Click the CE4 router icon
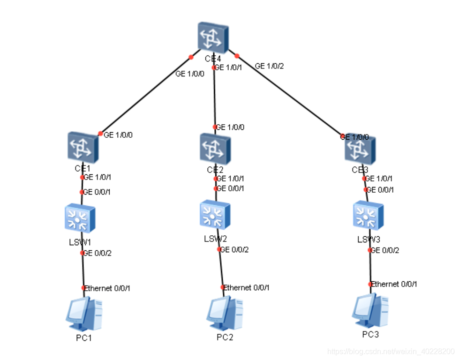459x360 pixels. [214, 37]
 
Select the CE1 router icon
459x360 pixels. [82, 146]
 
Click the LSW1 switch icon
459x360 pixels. [80, 217]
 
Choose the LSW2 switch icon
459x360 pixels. [215, 216]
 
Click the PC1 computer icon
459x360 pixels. [84, 314]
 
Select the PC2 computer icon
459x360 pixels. [225, 313]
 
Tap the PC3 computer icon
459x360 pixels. [370, 310]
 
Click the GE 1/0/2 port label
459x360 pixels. [269, 66]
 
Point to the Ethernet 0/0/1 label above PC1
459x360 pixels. [107, 288]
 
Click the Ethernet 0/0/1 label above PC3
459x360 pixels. [394, 284]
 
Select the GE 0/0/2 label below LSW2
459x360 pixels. [234, 249]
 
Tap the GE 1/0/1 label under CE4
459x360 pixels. [229, 67]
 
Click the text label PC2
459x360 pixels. [225, 337]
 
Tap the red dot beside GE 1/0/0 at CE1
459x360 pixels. [100, 134]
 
